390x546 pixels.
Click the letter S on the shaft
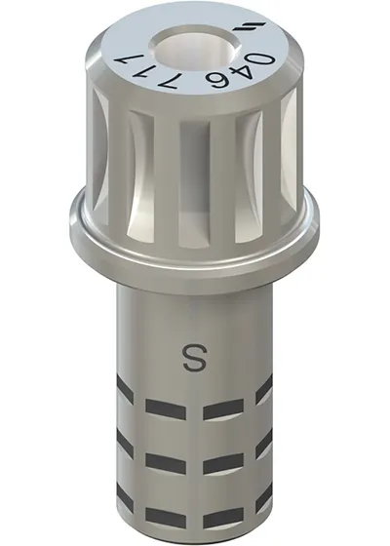195,359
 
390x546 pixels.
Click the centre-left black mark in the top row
166,409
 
